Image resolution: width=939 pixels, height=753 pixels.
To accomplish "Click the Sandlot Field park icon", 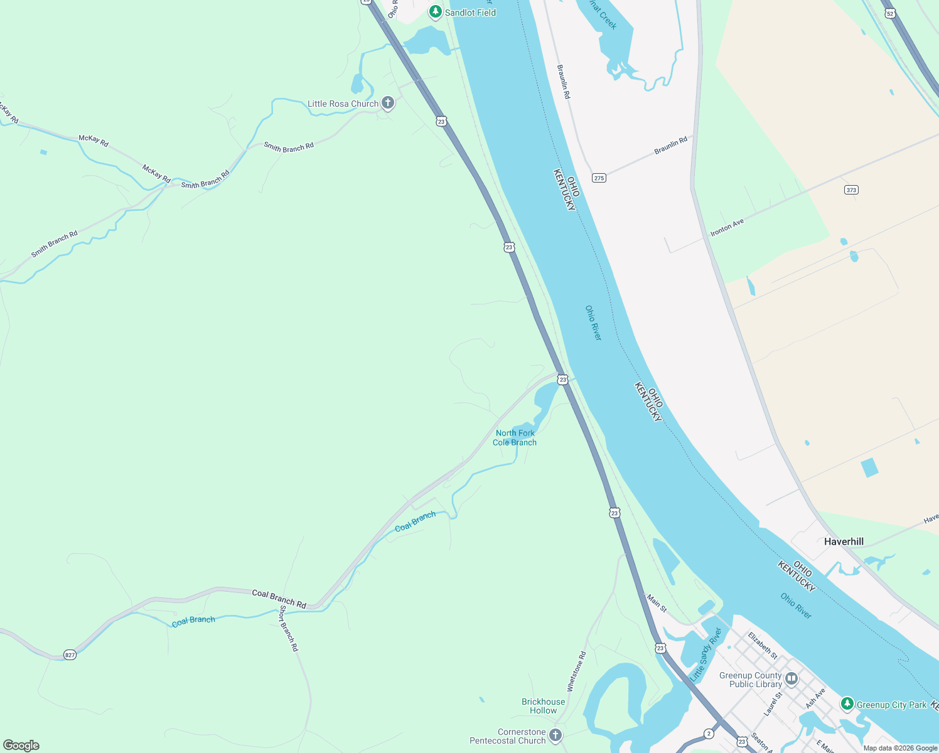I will [435, 12].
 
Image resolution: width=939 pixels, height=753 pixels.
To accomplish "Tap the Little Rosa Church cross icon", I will [388, 103].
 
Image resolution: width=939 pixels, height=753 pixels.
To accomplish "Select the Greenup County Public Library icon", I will [791, 678].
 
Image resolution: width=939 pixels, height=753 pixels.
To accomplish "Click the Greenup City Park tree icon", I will [847, 704].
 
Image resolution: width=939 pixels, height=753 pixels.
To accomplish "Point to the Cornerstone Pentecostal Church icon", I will [555, 735].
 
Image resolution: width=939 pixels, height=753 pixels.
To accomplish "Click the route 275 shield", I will [599, 178].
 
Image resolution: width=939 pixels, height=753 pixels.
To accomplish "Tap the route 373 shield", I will [851, 190].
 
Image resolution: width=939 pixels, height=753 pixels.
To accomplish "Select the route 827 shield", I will [70, 654].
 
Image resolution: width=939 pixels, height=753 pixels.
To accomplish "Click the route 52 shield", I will [889, 13].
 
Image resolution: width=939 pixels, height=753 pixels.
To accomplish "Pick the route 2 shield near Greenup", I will [709, 734].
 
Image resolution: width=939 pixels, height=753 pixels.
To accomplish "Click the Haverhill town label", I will [844, 542].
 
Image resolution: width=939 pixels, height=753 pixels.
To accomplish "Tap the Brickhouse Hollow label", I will [543, 706].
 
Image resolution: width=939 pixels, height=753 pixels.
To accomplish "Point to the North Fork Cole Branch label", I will [515, 437].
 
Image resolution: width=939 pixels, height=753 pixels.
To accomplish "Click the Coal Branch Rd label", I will [279, 599].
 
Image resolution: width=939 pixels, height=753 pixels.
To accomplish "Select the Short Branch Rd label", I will [289, 628].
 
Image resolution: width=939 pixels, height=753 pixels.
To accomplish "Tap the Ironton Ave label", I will [727, 227].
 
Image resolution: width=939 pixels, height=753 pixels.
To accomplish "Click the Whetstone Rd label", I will [576, 671].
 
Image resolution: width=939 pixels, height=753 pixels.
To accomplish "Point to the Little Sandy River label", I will [706, 654].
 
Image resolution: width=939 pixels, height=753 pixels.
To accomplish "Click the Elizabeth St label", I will [763, 645].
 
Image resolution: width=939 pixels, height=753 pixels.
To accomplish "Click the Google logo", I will [21, 745].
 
